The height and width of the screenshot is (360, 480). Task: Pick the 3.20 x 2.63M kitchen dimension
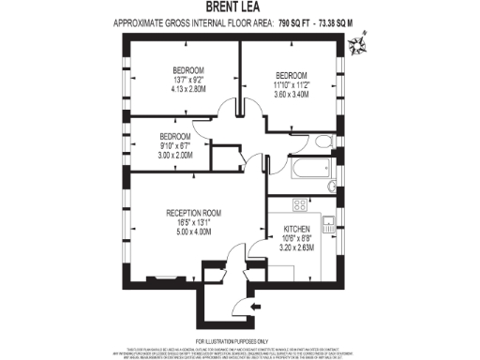(x=299, y=247)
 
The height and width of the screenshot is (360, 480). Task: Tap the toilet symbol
(x=323, y=142)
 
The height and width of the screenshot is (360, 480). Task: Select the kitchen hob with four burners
(x=301, y=205)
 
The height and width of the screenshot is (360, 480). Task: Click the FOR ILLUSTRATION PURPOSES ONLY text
(x=239, y=340)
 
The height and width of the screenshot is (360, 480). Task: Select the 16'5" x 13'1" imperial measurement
(x=192, y=221)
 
